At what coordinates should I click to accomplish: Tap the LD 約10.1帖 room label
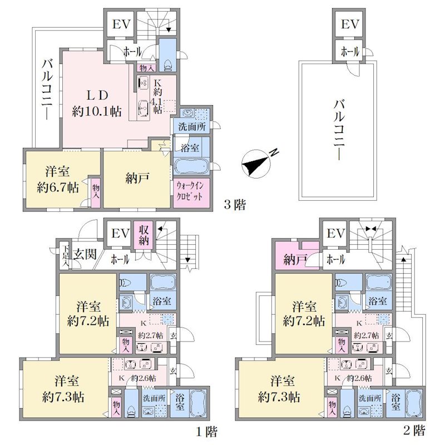coord(97,103)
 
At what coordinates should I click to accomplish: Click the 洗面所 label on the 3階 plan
coord(192,127)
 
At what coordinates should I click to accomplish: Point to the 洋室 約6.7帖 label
coord(58,179)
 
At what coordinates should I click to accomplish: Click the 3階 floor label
coord(235,205)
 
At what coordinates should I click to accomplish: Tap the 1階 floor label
coord(207,432)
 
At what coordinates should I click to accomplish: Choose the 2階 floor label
coord(414,431)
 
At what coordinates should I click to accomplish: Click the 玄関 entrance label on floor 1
coord(85,254)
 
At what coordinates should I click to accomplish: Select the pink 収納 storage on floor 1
coord(144,235)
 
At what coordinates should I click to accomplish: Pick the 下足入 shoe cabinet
coord(66,255)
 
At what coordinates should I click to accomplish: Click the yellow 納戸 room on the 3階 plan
coord(137,179)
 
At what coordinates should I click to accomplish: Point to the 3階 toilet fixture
coord(168,66)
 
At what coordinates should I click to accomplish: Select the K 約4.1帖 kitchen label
coord(157,96)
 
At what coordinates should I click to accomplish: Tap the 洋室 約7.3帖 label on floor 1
coord(63,389)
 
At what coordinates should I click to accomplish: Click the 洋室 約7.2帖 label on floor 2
coord(304,314)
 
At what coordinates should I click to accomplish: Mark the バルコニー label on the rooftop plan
coord(339,130)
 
